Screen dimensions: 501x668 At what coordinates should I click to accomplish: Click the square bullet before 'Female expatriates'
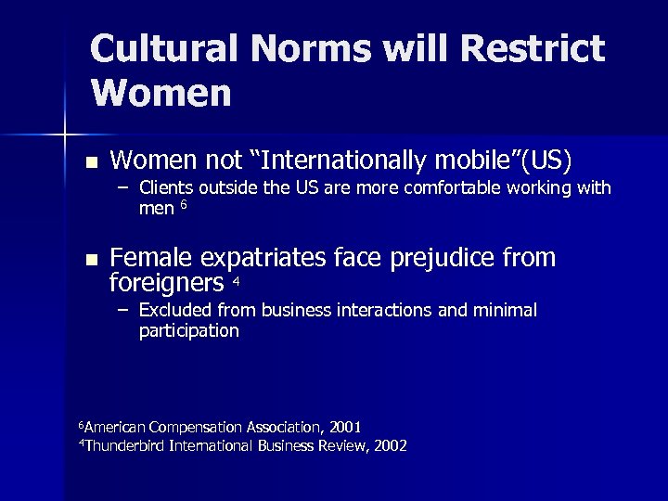click(x=90, y=258)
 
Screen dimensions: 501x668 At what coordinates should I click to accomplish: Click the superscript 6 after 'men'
click(x=184, y=205)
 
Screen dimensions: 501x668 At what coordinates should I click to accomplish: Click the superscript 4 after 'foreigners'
click(x=237, y=281)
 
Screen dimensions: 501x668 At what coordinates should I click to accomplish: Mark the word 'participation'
click(x=188, y=330)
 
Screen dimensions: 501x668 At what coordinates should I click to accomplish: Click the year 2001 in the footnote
click(x=344, y=427)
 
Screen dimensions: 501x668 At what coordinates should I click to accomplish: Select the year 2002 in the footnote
click(x=389, y=445)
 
